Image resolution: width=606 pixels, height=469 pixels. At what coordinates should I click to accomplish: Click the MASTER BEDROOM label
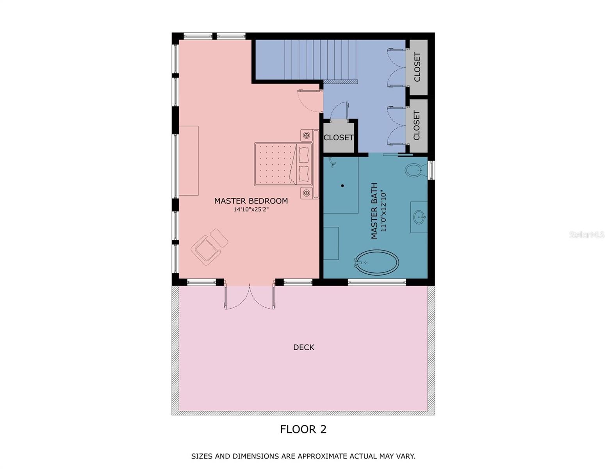click(x=251, y=201)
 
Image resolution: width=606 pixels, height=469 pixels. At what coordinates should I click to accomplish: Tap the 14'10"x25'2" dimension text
click(x=251, y=209)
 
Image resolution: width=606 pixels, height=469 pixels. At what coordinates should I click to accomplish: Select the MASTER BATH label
click(x=374, y=211)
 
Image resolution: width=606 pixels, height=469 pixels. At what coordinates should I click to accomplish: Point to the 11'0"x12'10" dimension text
click(x=383, y=211)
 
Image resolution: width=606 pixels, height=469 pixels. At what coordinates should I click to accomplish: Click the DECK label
click(x=303, y=347)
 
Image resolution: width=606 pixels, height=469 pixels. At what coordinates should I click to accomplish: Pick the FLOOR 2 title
click(x=303, y=429)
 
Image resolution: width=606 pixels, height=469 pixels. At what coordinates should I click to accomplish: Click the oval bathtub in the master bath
click(x=376, y=262)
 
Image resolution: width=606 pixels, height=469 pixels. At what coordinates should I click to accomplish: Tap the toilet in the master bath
click(x=415, y=170)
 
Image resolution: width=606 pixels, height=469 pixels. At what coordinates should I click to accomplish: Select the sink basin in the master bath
click(x=419, y=217)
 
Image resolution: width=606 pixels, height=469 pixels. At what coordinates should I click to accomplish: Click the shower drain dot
click(x=342, y=186)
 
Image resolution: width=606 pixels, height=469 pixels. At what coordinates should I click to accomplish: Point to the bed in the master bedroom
click(x=283, y=164)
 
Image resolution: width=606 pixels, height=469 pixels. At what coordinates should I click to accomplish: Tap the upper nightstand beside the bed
click(x=307, y=135)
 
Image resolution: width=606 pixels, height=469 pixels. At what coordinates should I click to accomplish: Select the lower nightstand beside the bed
click(x=307, y=193)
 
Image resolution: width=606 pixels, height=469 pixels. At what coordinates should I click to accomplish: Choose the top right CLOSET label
click(x=417, y=67)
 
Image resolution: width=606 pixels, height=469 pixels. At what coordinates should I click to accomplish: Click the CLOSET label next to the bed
click(x=339, y=138)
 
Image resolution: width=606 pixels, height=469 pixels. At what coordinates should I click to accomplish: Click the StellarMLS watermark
click(x=586, y=234)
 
